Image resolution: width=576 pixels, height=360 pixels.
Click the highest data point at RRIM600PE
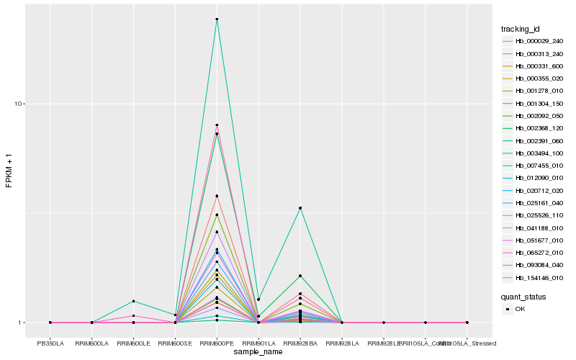[217, 19]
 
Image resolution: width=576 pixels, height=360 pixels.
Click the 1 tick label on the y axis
[22, 323]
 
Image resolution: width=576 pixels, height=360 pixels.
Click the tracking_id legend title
[521, 29]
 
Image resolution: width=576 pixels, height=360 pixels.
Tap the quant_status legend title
[523, 296]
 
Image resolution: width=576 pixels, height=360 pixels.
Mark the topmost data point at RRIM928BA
[300, 208]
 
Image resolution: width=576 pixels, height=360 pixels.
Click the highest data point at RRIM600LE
[133, 301]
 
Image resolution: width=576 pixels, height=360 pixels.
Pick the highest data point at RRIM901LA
[258, 299]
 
